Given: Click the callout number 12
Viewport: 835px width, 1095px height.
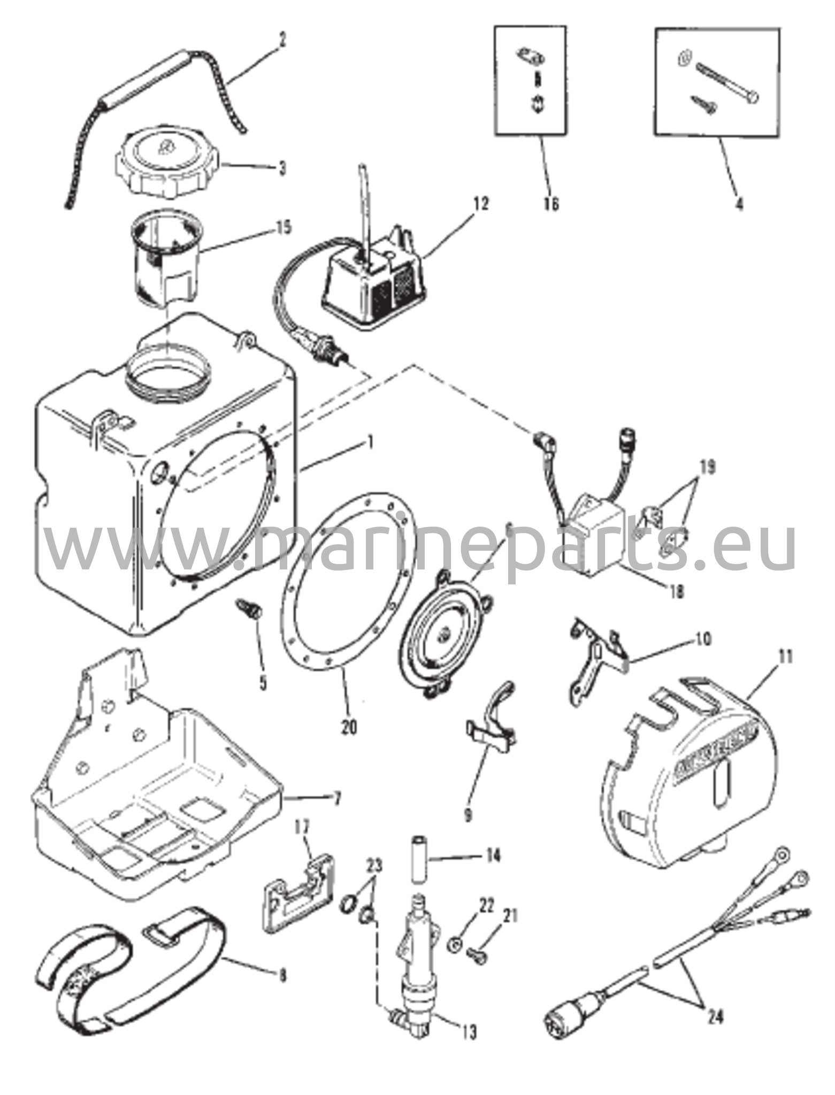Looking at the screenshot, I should tap(481, 204).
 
